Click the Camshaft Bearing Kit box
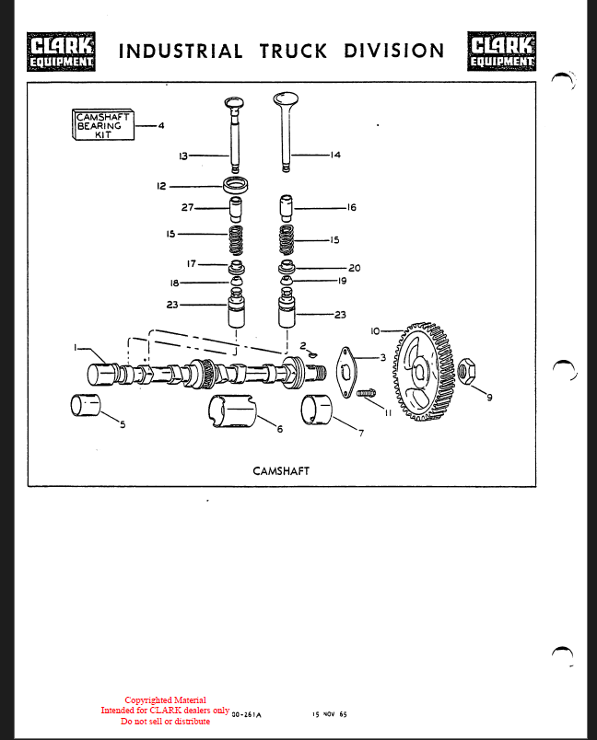point(103,125)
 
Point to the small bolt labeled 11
point(367,395)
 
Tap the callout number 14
point(334,156)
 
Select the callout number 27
point(188,207)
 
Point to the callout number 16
point(351,208)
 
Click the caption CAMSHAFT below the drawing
point(281,470)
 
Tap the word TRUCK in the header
point(293,52)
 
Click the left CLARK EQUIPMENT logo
point(62,52)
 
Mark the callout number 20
point(354,268)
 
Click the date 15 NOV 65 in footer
point(329,714)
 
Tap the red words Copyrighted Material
point(165,700)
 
